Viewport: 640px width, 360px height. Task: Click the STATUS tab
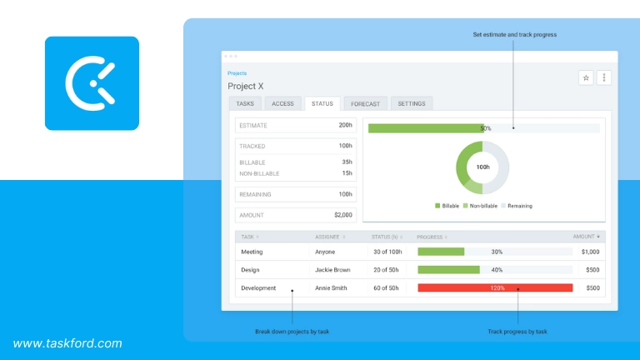point(322,103)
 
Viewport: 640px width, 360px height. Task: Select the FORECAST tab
point(365,103)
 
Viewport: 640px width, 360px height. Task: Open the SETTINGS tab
point(411,103)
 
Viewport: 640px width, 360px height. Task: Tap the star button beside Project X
point(586,77)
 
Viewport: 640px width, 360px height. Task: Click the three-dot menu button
point(605,77)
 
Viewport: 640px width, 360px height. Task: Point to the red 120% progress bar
point(495,287)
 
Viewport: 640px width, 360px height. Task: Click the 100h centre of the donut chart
point(482,167)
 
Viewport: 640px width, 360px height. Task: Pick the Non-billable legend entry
point(485,206)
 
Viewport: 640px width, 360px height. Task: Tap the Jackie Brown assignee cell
point(332,269)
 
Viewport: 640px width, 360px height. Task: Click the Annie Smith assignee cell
point(331,287)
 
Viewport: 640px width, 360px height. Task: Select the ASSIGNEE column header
point(328,237)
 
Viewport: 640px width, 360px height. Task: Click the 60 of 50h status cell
point(387,287)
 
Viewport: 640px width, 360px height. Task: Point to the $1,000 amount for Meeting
point(590,251)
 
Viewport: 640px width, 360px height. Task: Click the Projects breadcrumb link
point(237,73)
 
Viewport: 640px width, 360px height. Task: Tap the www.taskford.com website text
point(67,342)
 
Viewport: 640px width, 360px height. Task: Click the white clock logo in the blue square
point(92,83)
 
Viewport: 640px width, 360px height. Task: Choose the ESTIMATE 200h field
point(296,125)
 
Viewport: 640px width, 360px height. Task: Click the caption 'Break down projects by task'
point(292,332)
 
